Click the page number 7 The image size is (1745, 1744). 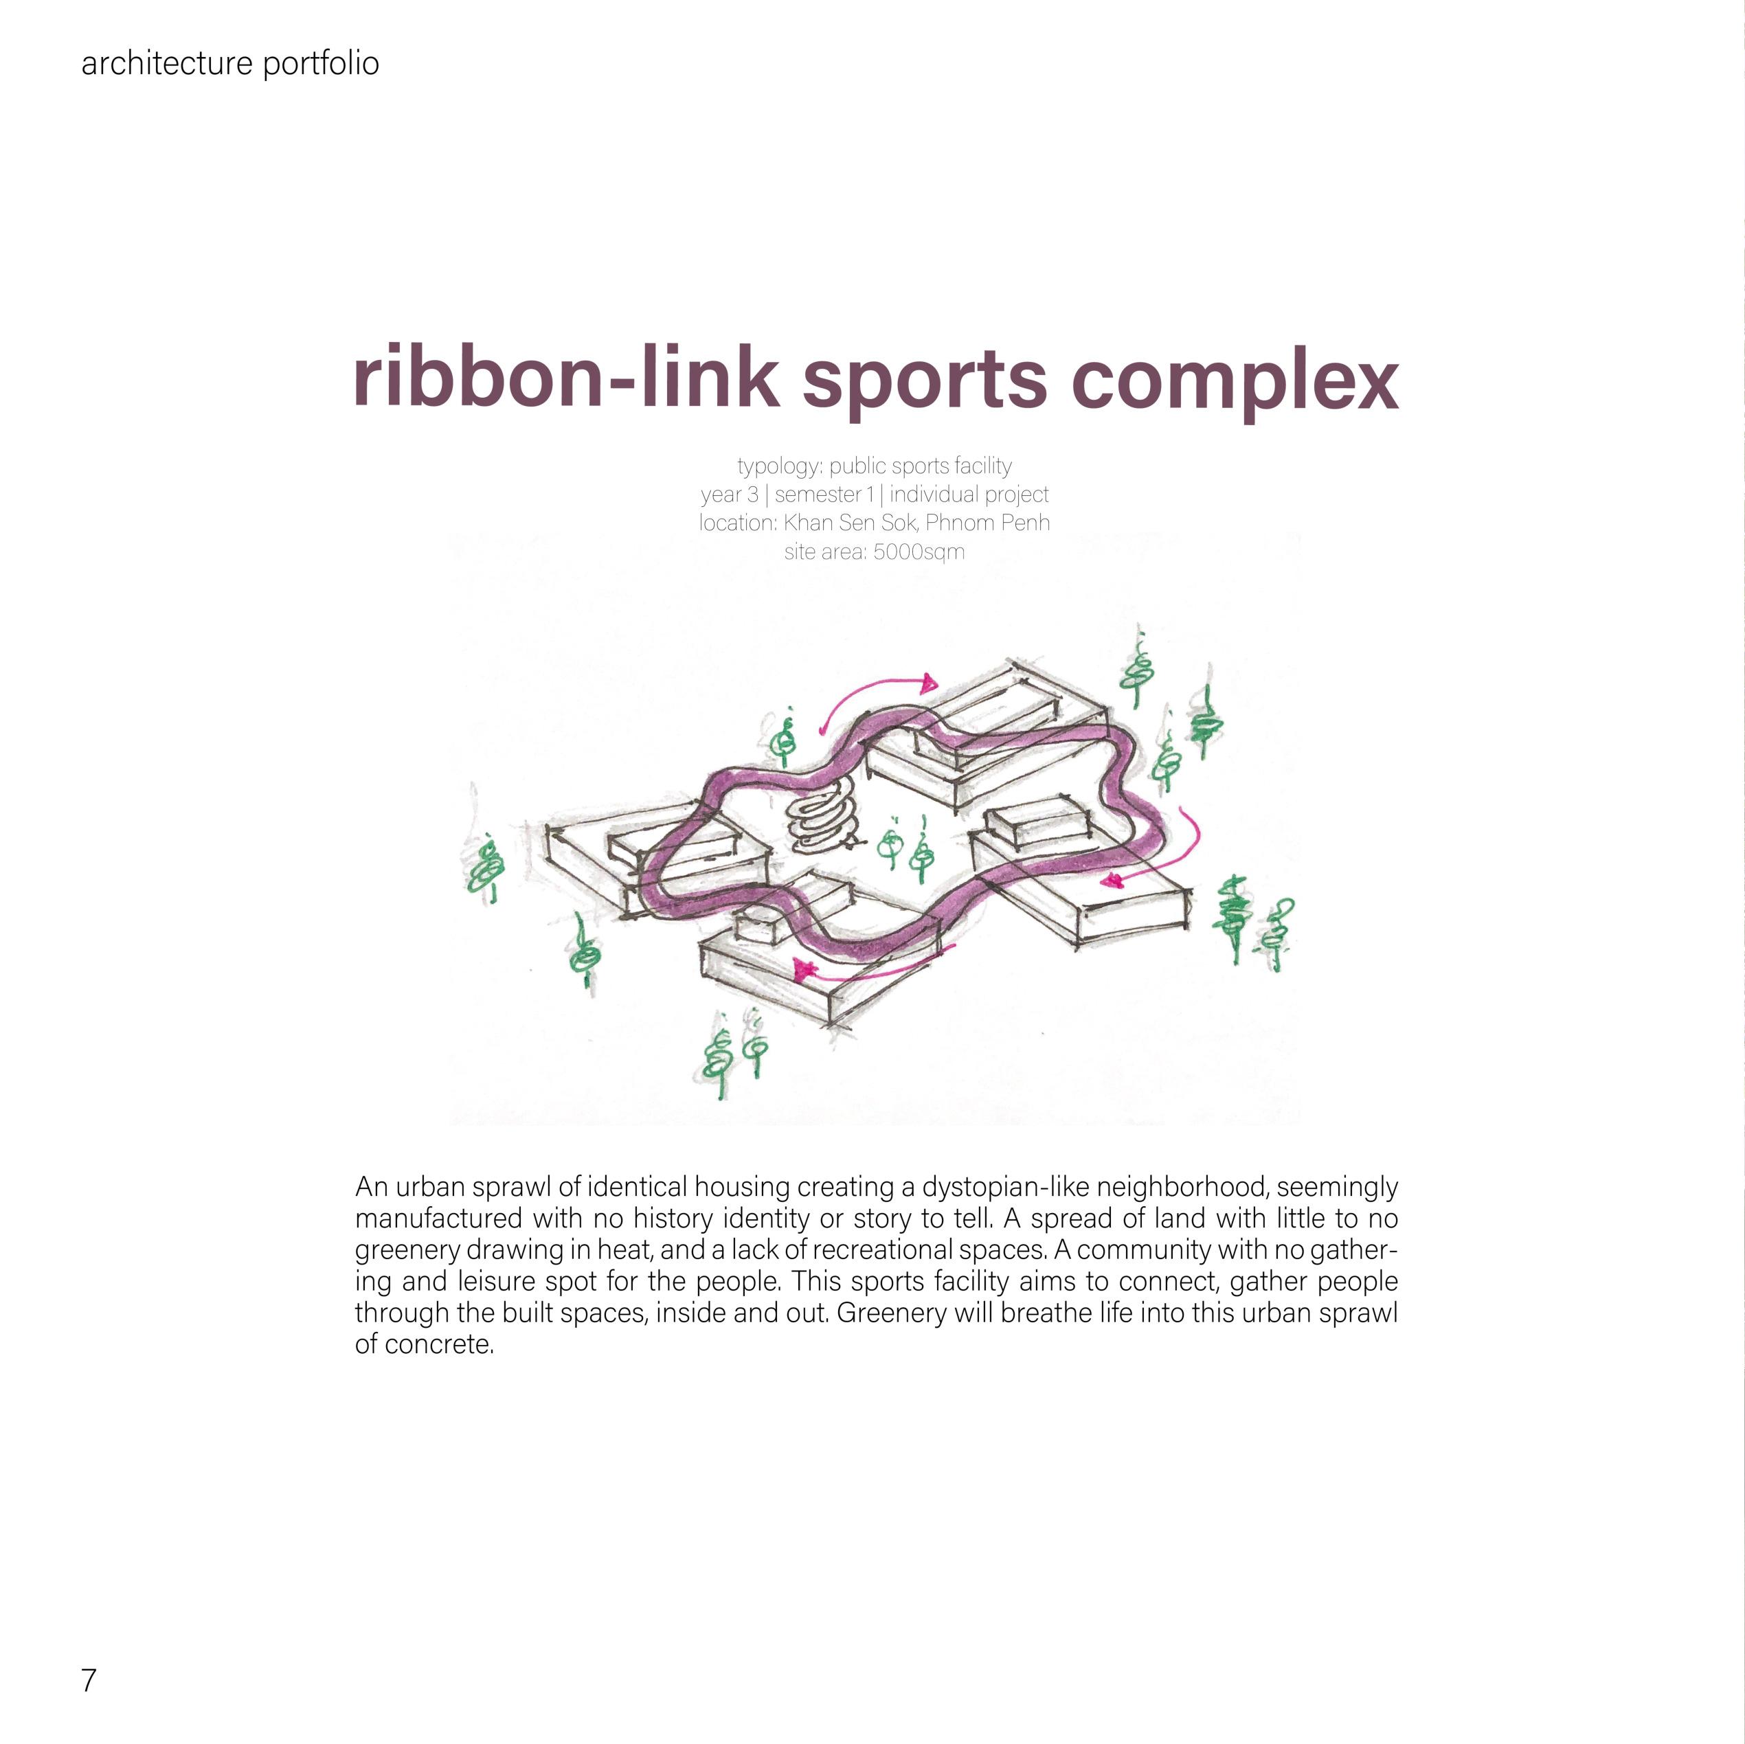pos(89,1681)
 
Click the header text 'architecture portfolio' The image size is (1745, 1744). pos(229,64)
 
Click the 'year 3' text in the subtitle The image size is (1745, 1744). pos(729,495)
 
